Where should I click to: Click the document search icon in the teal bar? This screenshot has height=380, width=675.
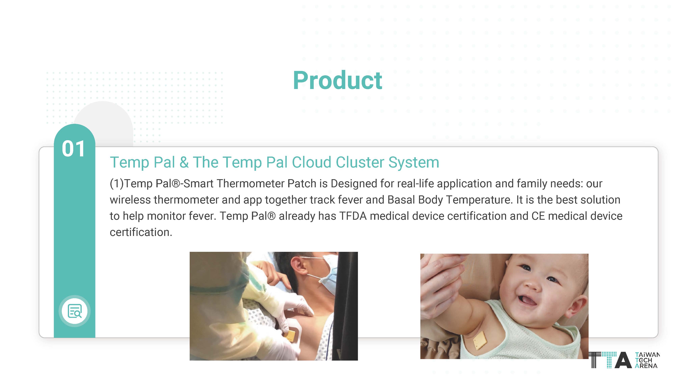pyautogui.click(x=75, y=311)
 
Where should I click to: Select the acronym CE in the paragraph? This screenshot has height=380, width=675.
pyautogui.click(x=538, y=216)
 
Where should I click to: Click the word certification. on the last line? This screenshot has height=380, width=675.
pyautogui.click(x=141, y=232)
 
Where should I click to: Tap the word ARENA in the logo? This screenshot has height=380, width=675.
pyautogui.click(x=646, y=366)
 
